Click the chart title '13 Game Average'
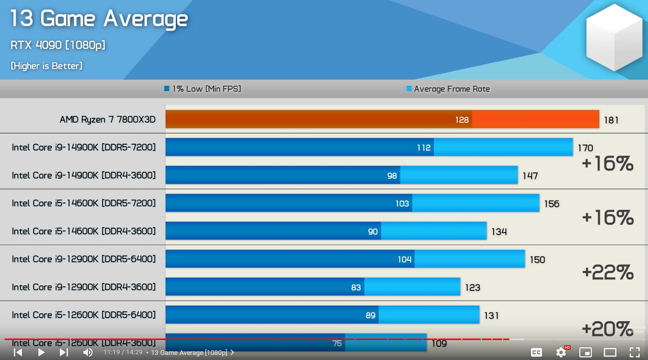coord(99,19)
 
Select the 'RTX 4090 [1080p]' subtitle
coord(58,45)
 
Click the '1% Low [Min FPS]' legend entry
coord(203,89)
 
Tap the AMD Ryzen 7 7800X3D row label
coord(107,120)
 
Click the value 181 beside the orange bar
coord(611,120)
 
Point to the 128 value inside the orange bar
coord(462,120)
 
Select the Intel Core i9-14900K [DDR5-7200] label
coord(84,148)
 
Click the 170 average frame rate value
coord(585,148)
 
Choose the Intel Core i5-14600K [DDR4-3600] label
coord(84,231)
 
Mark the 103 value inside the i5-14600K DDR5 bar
coord(402,204)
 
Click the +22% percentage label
coord(608,272)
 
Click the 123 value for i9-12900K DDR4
coord(473,288)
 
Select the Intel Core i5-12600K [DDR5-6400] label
coord(84,315)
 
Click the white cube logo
coord(614,38)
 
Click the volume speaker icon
coord(88,352)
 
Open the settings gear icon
coord(561,352)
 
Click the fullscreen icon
coord(635,352)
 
